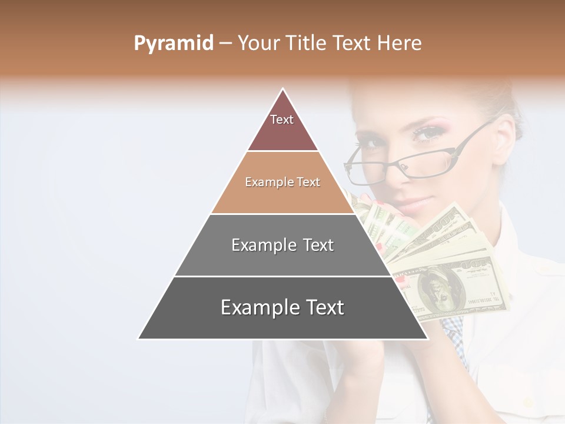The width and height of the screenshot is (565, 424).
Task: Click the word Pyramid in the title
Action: coord(173,44)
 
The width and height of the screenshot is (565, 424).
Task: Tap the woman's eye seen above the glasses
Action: coord(426,134)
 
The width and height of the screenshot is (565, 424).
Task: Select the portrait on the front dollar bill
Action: coord(436,289)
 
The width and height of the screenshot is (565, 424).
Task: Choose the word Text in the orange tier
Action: coord(307,183)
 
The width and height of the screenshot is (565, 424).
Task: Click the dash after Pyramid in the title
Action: coord(225,44)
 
